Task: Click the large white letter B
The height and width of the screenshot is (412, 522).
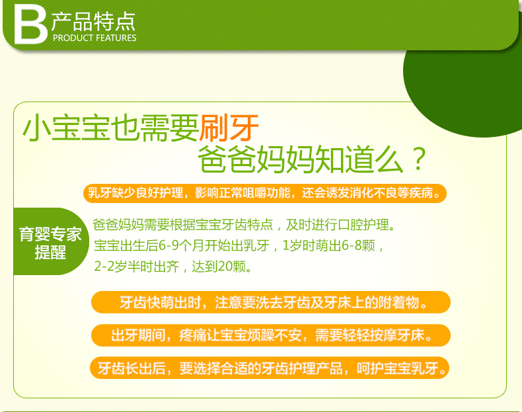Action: click(30, 25)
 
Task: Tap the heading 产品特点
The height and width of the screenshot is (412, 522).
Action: click(93, 21)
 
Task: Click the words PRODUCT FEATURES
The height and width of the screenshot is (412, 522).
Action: click(94, 38)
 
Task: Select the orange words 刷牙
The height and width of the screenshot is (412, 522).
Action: click(229, 128)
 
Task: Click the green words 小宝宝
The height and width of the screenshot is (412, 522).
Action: click(66, 128)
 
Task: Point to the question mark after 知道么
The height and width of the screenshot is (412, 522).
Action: click(419, 159)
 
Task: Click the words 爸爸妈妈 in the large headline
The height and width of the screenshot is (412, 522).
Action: click(256, 159)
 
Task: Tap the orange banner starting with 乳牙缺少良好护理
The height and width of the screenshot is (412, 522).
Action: click(265, 193)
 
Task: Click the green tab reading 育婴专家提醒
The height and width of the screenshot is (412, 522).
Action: click(52, 241)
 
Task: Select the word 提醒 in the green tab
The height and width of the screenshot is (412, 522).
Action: click(51, 252)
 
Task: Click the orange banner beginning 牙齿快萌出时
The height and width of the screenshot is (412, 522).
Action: click(271, 302)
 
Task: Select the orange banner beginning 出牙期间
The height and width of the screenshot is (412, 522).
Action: click(271, 335)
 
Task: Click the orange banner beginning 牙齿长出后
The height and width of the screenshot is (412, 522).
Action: click(270, 368)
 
